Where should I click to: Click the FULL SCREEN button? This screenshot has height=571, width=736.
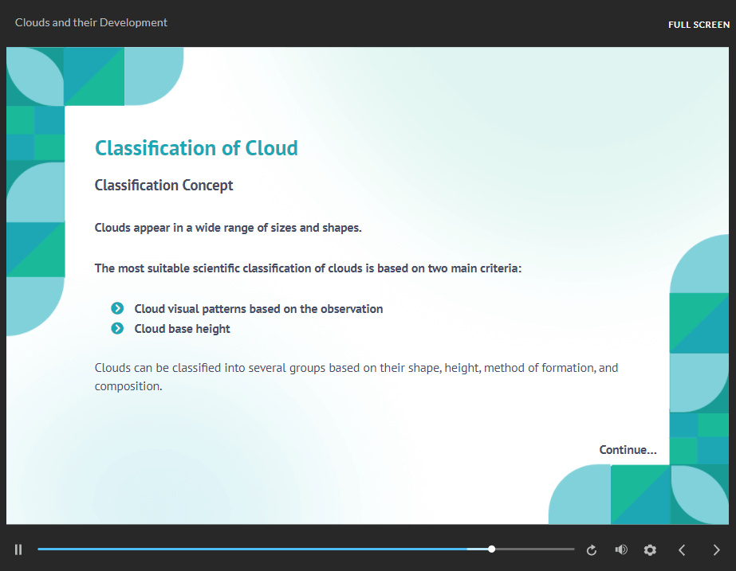(699, 25)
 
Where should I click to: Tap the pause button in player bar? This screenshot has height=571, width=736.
(18, 549)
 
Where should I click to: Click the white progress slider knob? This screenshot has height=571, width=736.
(491, 549)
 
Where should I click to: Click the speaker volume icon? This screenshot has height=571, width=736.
(621, 549)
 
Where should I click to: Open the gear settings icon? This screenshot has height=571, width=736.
(650, 549)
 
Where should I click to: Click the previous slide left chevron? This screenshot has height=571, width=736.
(682, 549)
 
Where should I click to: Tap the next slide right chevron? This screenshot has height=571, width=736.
(716, 549)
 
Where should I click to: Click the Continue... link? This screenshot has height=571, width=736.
(628, 450)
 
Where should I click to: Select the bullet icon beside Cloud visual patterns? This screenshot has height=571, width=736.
(117, 308)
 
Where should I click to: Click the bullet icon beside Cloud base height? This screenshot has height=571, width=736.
(117, 329)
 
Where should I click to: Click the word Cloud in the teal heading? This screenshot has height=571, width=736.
(271, 148)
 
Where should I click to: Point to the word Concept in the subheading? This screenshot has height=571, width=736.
(207, 186)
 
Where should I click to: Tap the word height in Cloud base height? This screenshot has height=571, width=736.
(213, 330)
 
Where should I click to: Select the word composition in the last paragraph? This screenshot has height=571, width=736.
(128, 387)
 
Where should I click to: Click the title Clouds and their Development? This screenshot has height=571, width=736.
(91, 22)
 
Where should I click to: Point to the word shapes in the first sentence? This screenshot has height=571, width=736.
(342, 229)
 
